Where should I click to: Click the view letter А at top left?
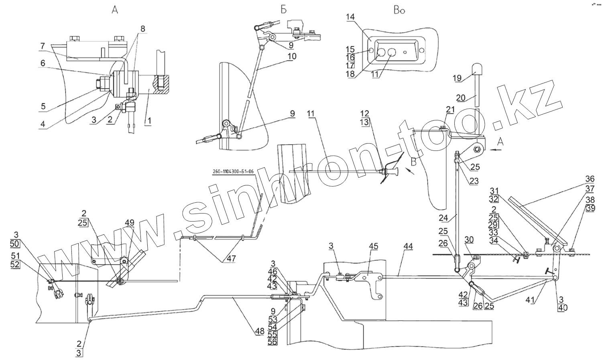pyautogui.click(x=115, y=10)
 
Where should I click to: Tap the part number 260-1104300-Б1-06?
pyautogui.click(x=234, y=172)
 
